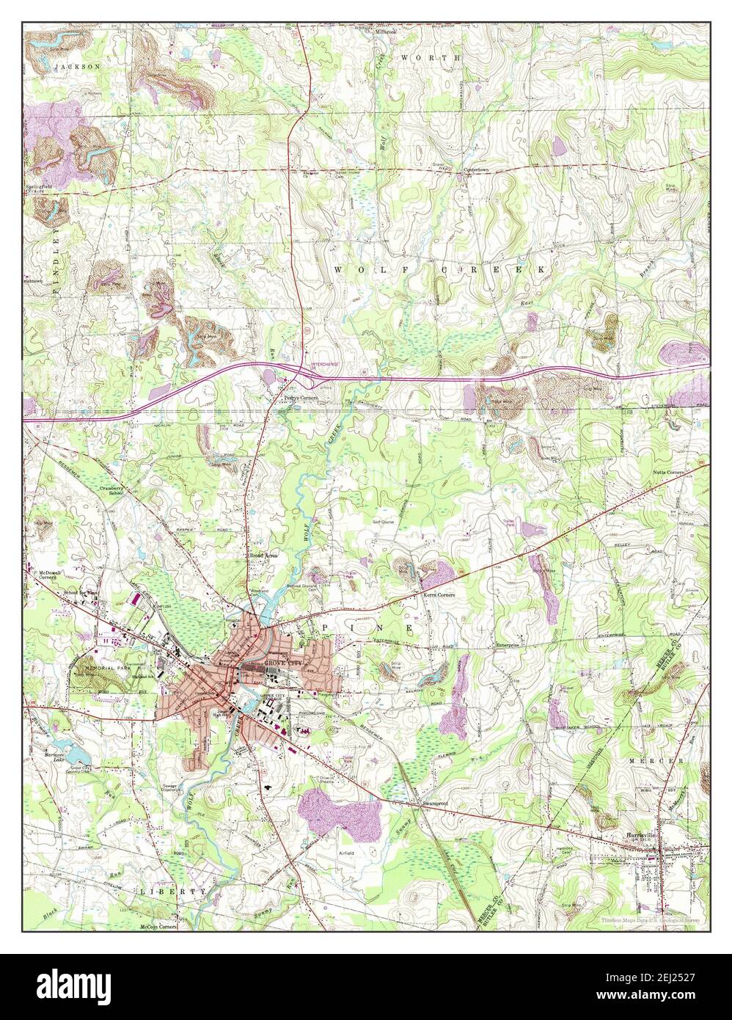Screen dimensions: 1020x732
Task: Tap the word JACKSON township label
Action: coord(76,66)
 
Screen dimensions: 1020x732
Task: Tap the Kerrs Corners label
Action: coord(438,594)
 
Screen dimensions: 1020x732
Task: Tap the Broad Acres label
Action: coord(261,557)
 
